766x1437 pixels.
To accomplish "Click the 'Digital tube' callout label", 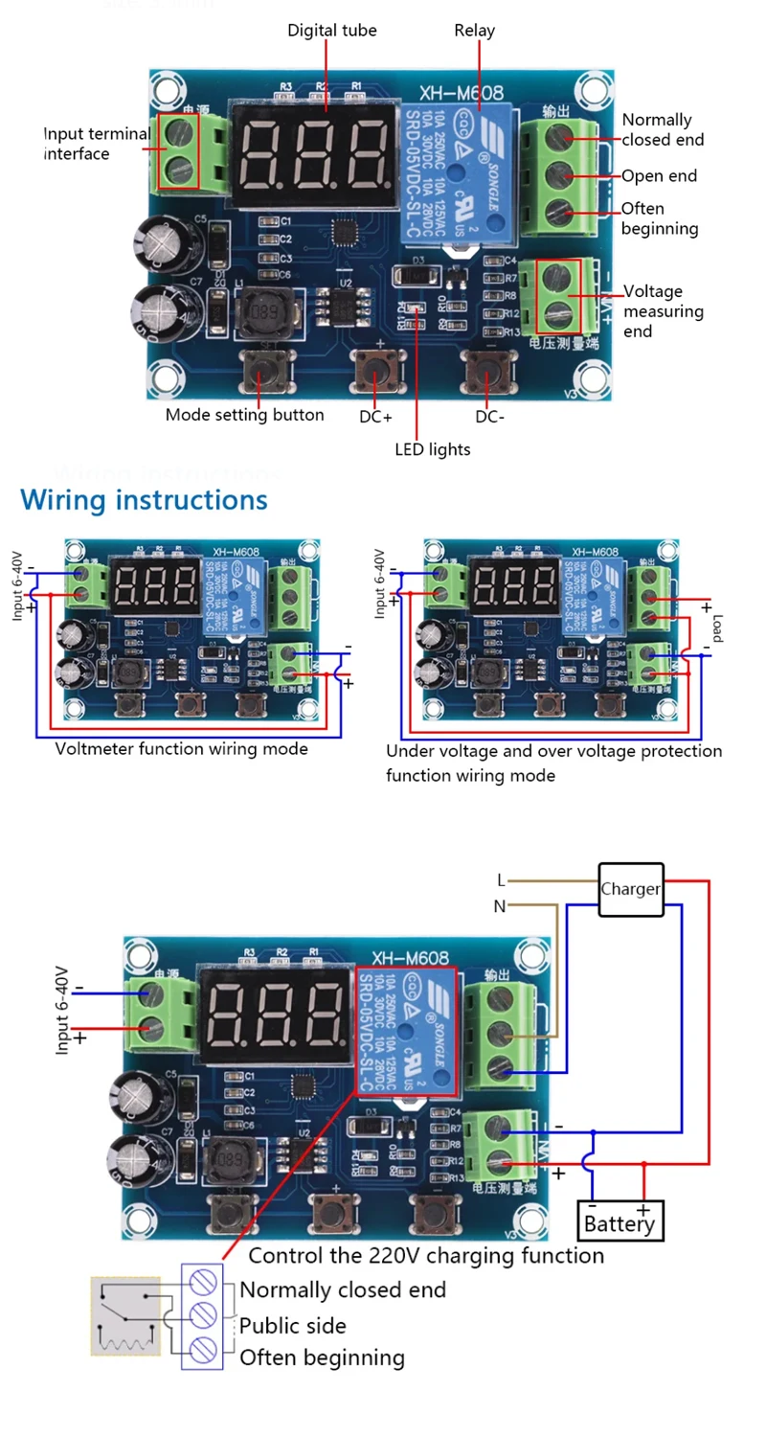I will pos(332,31).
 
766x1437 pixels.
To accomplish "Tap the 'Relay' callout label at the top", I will pos(474,31).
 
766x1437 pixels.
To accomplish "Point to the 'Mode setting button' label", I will pos(244,415).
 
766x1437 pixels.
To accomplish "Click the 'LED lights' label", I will pos(433,448).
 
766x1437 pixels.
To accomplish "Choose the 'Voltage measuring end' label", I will pos(663,311).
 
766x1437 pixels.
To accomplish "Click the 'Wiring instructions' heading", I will pos(145,499).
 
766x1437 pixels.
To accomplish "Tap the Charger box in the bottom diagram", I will pos(630,889).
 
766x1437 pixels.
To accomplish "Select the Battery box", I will pos(620,1222).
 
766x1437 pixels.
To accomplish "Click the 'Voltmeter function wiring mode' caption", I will pos(182,748).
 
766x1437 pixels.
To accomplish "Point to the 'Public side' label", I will pos(292,1326).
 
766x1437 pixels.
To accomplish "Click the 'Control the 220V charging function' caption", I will pos(426,1255).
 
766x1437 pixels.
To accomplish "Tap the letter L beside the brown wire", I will pos(500,880).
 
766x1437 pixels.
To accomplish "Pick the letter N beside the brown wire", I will pos(499,905).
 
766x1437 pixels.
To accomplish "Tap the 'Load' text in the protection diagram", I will pos(716,627).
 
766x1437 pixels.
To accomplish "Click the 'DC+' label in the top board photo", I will pos(375,417).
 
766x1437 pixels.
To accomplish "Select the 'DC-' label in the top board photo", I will pos(489,417).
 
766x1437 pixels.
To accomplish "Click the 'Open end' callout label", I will pos(659,176).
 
